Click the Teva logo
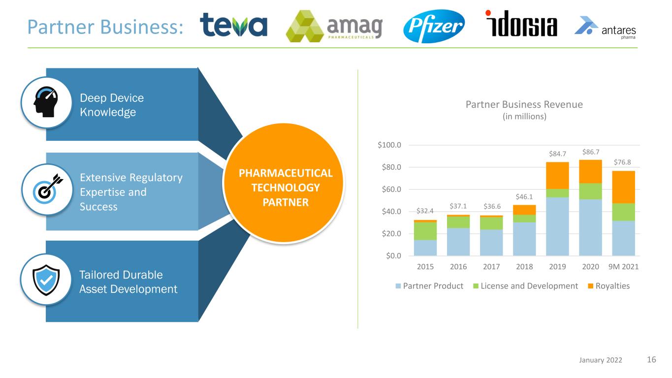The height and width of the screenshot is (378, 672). click(x=233, y=25)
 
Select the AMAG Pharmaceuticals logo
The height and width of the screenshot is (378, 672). click(x=334, y=26)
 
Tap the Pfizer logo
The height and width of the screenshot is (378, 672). click(x=434, y=26)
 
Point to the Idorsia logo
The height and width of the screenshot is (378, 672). click(x=521, y=24)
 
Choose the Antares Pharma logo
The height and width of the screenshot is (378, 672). click(x=605, y=28)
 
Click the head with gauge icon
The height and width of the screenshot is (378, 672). click(x=46, y=102)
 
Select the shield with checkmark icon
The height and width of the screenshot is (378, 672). click(x=46, y=280)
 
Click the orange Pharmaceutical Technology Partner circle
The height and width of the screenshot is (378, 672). click(x=284, y=183)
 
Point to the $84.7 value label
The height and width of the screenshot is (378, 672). click(x=557, y=154)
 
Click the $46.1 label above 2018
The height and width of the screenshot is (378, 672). click(x=524, y=197)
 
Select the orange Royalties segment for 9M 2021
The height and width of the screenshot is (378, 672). click(x=623, y=187)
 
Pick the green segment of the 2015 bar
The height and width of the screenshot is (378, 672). click(x=425, y=231)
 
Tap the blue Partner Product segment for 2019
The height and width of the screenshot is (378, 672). click(x=557, y=226)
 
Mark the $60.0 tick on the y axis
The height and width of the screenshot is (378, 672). click(x=391, y=189)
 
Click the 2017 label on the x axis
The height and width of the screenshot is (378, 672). click(x=491, y=267)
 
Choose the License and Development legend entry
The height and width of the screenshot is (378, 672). click(x=525, y=286)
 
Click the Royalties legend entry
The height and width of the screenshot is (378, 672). click(x=608, y=286)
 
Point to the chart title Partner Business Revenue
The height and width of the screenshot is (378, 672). click(x=524, y=104)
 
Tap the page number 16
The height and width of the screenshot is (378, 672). click(x=651, y=359)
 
